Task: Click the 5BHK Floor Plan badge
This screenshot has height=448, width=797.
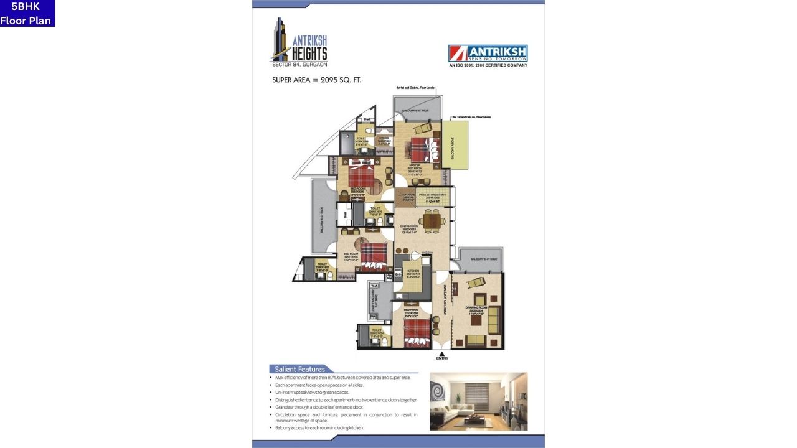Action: click(x=27, y=13)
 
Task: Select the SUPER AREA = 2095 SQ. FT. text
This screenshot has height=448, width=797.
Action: click(x=316, y=80)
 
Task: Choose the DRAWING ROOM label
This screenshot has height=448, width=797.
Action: click(x=476, y=310)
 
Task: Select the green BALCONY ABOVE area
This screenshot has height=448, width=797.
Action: click(x=455, y=144)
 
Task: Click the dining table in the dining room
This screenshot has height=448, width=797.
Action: click(x=431, y=220)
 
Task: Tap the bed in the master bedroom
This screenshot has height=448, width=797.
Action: click(x=423, y=149)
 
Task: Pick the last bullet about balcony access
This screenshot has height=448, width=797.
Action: click(x=319, y=428)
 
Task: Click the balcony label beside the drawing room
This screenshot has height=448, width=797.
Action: click(x=483, y=259)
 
